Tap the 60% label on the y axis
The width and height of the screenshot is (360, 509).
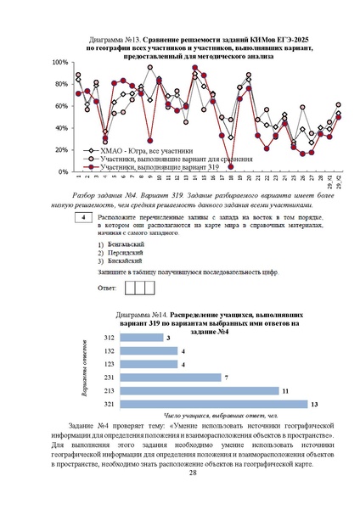pyautogui.click(x=61, y=106)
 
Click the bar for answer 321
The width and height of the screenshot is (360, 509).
pyautogui.click(x=213, y=404)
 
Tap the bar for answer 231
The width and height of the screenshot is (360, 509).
pyautogui.click(x=170, y=377)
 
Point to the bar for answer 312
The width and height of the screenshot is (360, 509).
pyautogui.click(x=142, y=337)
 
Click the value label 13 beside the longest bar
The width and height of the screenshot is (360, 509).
pyautogui.click(x=314, y=404)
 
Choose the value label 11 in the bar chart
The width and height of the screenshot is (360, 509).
pyautogui.click(x=286, y=390)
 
